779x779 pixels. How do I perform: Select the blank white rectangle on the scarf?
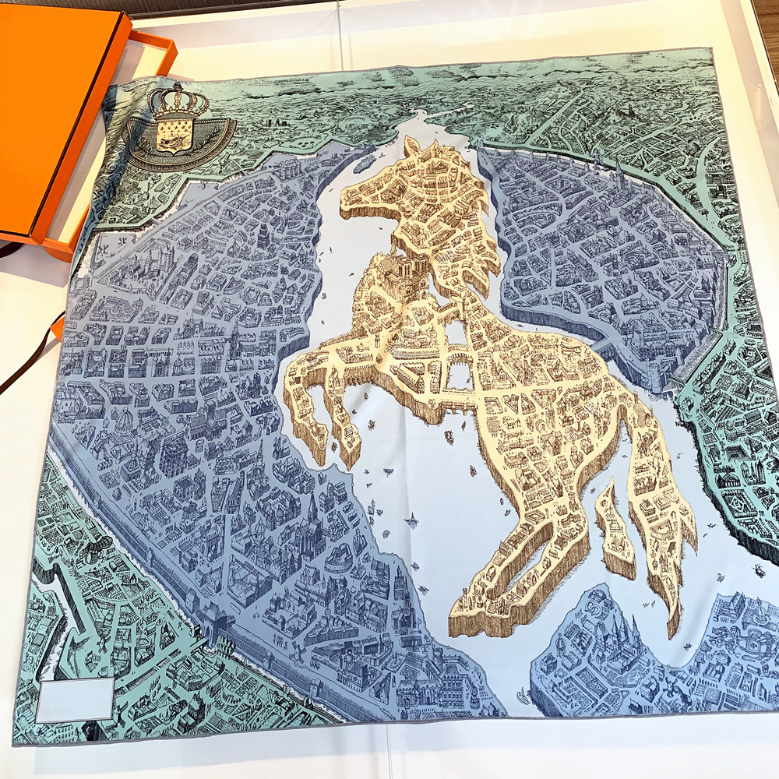tap(75, 699)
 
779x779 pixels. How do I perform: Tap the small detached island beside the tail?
tap(615, 530)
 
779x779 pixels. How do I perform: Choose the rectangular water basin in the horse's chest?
tap(459, 374)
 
